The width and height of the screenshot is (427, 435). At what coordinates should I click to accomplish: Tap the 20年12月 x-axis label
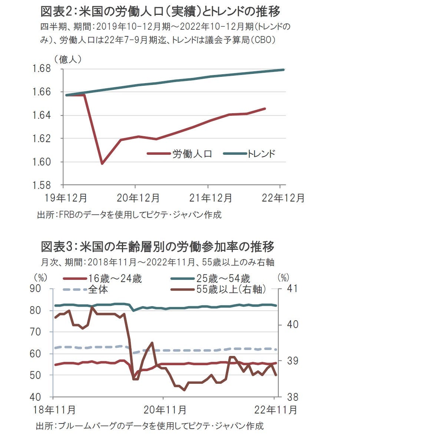coord(138,198)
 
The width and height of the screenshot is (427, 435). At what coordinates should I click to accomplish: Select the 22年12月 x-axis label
coord(283,198)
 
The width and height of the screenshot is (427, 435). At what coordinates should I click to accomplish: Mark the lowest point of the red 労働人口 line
coord(102,163)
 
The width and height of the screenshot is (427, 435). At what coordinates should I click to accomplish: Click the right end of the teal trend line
coord(284,70)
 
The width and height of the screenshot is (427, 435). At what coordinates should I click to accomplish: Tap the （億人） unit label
coord(67,59)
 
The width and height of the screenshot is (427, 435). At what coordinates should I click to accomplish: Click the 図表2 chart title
coord(160,12)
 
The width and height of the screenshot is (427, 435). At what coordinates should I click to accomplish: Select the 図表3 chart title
coord(158,246)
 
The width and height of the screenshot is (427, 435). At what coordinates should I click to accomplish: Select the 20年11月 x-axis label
coord(165,410)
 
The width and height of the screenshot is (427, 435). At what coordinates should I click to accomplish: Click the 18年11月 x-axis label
coord(54,410)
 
